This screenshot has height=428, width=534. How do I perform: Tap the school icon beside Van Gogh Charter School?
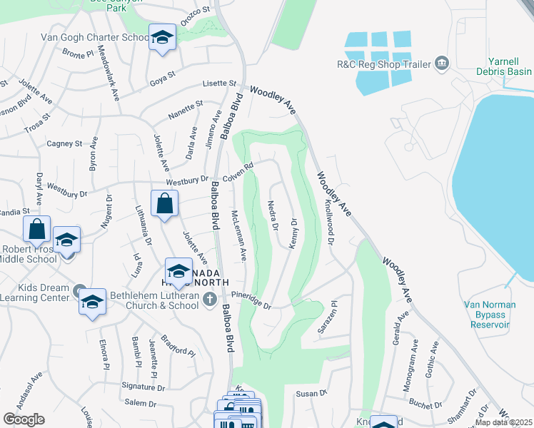pos(162,37)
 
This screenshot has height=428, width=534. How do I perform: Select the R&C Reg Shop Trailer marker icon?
pos(442,64)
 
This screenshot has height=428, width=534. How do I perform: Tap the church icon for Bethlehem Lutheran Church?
pos(209,299)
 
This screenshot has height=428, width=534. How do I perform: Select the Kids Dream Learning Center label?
pos(36,294)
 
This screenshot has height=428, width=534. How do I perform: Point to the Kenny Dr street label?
pos(293,234)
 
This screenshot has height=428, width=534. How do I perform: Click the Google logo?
pos(24,419)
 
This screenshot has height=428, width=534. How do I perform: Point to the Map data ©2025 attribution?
pos(504,422)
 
